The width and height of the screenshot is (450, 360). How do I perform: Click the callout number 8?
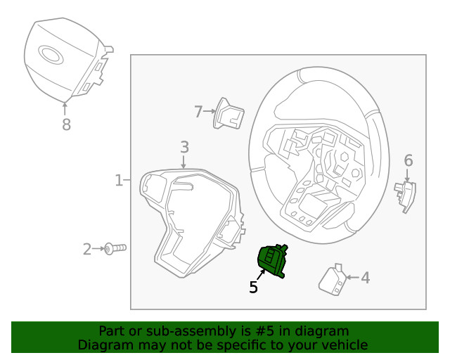66,124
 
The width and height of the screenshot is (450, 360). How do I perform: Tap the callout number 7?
198,111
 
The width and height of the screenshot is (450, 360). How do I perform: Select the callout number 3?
184,147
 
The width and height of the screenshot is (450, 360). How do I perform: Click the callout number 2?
87,248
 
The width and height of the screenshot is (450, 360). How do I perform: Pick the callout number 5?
253,287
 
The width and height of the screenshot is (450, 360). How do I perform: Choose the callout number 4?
365,278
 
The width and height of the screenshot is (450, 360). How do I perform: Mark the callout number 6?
409,161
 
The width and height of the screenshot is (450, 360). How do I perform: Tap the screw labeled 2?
115,248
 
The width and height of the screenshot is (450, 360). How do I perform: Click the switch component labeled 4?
333,280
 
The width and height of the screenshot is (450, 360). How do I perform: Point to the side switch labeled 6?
406,195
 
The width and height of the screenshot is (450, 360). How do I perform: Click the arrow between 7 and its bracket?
209,111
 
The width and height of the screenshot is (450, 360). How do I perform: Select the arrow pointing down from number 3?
184,162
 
